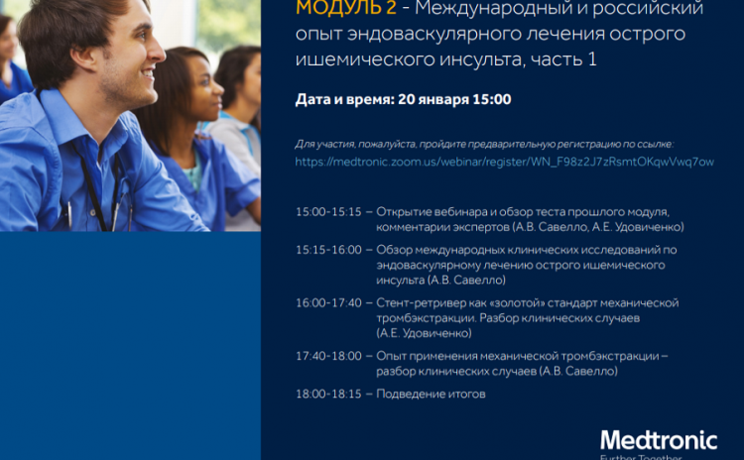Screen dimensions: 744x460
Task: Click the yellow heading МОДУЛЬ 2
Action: click(345, 8)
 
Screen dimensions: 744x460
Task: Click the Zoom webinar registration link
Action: click(504, 162)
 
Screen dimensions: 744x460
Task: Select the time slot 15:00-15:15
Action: click(328, 212)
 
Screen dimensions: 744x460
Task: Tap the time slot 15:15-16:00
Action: click(328, 250)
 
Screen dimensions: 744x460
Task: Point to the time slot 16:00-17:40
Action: click(328, 303)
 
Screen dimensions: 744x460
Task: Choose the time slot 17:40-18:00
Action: click(328, 356)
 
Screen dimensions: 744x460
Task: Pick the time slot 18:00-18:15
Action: click(328, 395)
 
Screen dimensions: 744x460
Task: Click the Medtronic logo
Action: click(659, 440)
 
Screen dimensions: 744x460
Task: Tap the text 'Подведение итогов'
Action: click(431, 395)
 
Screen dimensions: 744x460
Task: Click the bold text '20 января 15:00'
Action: click(454, 99)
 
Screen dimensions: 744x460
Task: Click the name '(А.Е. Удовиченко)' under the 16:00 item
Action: click(424, 333)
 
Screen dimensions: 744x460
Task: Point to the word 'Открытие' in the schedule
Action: click(404, 212)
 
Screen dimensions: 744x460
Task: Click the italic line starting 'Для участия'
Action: click(484, 144)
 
